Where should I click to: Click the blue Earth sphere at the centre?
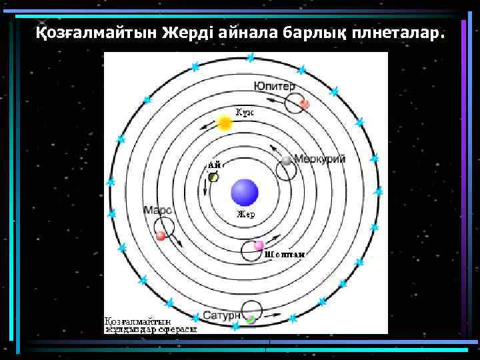coord(244,193)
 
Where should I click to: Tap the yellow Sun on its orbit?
coord(225,123)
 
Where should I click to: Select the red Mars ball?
coord(161,235)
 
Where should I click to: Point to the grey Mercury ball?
coord(286,161)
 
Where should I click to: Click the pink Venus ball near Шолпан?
coord(259,245)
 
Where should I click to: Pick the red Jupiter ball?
coord(304,103)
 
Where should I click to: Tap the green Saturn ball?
coord(250,319)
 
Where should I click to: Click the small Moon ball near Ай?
coord(213,177)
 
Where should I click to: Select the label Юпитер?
coord(274,87)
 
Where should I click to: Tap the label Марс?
coord(158,210)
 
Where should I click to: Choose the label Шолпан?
coord(285,254)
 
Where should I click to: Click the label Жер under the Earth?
coord(246,215)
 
